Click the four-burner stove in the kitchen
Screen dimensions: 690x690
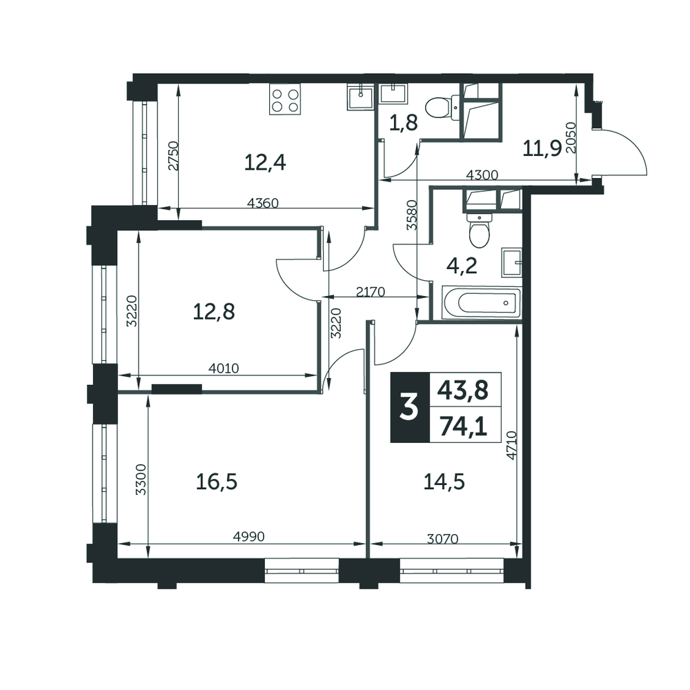point(286,100)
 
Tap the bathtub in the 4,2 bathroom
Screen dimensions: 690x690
point(481,303)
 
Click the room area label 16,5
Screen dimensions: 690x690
point(217,482)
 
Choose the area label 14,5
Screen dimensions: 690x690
point(444,482)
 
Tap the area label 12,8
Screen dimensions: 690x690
point(214,312)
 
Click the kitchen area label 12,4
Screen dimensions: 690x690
point(265,162)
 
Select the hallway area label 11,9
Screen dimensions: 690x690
point(542,149)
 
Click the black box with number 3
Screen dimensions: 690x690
point(410,407)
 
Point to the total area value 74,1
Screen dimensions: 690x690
point(464,426)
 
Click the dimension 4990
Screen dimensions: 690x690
point(249,536)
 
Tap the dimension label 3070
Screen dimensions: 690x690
point(443,539)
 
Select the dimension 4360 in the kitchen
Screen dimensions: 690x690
point(263,203)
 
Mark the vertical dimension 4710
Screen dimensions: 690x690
point(512,445)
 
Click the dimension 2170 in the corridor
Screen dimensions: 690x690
point(371,292)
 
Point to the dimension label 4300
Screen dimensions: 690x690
point(482,175)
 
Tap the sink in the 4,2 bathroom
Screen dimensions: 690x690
point(511,263)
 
